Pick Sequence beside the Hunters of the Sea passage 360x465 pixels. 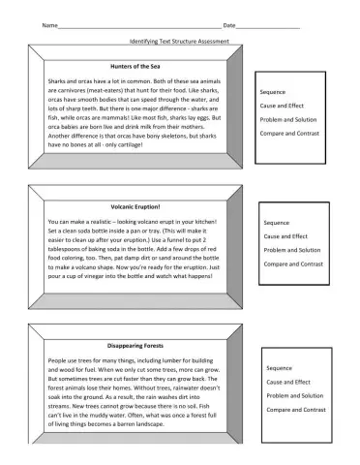tap(273, 92)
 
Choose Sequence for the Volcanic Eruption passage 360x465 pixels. tap(277, 223)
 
